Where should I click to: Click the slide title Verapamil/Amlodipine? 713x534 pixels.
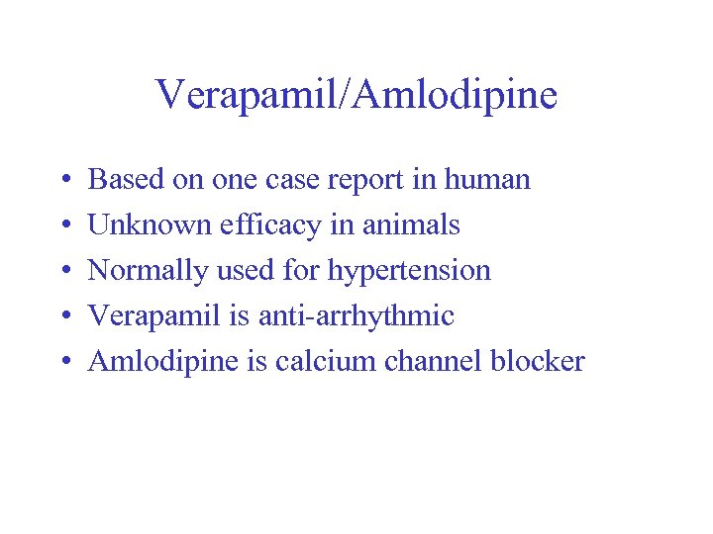point(356,95)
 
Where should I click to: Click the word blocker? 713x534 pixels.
point(538,362)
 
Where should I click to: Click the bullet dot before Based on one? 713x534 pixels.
point(62,181)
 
